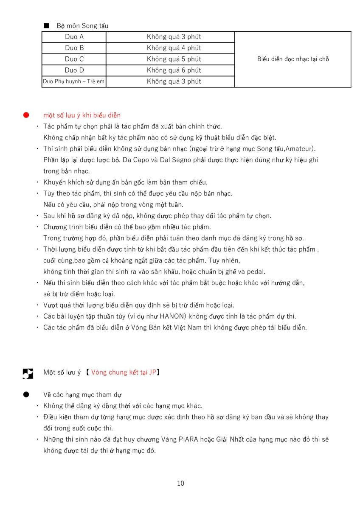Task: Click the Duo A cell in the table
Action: (74, 37)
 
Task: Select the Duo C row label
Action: (74, 59)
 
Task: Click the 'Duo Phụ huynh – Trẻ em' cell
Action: (74, 81)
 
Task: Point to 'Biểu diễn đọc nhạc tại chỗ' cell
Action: (293, 59)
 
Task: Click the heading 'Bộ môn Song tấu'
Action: (82, 26)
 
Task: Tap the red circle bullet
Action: (26, 115)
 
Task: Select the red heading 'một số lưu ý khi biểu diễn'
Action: (82, 115)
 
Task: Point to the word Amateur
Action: (302, 148)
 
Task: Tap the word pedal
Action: (256, 271)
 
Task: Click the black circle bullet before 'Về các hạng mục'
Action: (26, 394)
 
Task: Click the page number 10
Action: (180, 483)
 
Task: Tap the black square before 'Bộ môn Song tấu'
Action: (46, 26)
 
